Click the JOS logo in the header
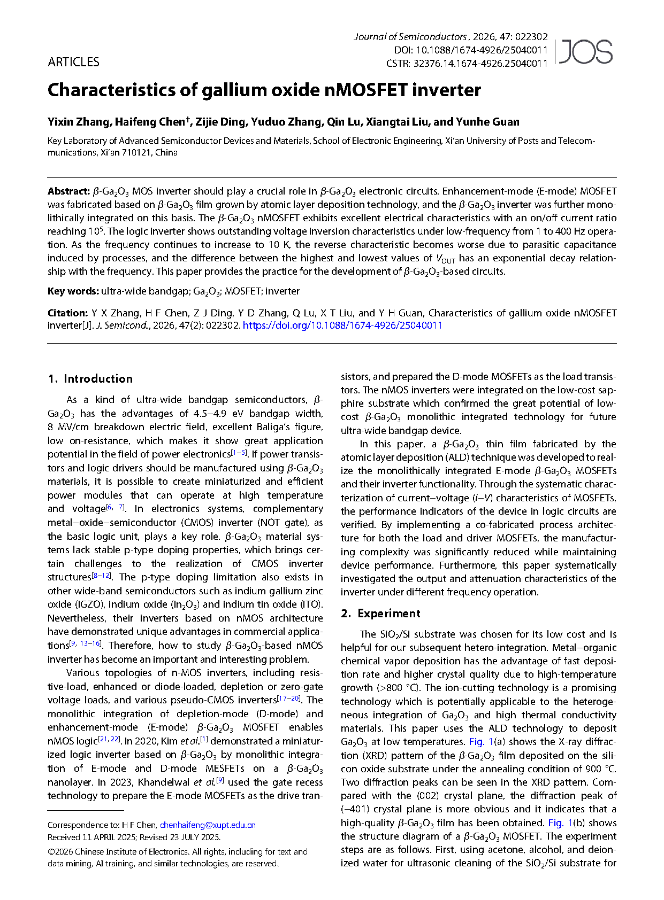(585, 52)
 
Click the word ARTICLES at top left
(73, 62)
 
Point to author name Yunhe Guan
(487, 122)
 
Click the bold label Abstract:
(68, 191)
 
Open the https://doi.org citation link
(342, 325)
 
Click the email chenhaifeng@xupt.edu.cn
(208, 825)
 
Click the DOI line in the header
(471, 50)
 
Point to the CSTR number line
(467, 63)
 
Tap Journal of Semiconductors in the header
(410, 36)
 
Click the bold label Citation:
(67, 313)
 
